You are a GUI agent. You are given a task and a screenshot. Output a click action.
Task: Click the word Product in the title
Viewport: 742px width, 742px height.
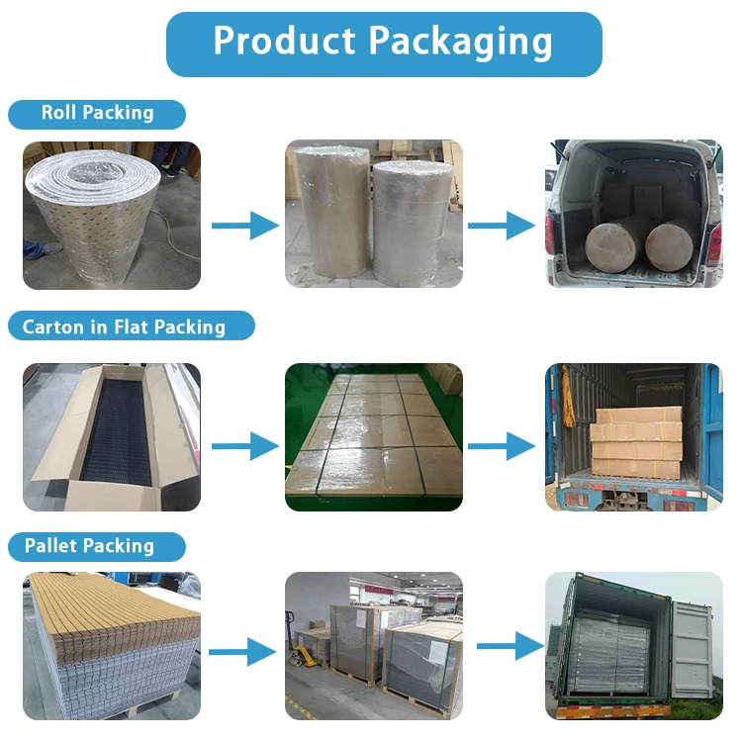click(285, 42)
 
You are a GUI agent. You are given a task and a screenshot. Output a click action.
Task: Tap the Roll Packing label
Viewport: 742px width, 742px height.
click(97, 113)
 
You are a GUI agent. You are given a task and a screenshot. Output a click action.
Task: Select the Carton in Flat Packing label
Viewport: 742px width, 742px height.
click(124, 327)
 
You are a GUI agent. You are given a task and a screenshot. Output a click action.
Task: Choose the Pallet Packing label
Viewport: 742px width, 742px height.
click(89, 546)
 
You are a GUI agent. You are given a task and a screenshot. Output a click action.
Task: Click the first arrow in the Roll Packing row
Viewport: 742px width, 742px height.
click(245, 226)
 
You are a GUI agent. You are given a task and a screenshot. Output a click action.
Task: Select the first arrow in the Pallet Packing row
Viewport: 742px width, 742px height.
click(241, 651)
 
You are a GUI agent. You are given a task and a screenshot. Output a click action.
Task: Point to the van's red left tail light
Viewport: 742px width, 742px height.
click(550, 234)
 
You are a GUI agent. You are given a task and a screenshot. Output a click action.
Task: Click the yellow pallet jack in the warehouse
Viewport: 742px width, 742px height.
click(304, 658)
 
